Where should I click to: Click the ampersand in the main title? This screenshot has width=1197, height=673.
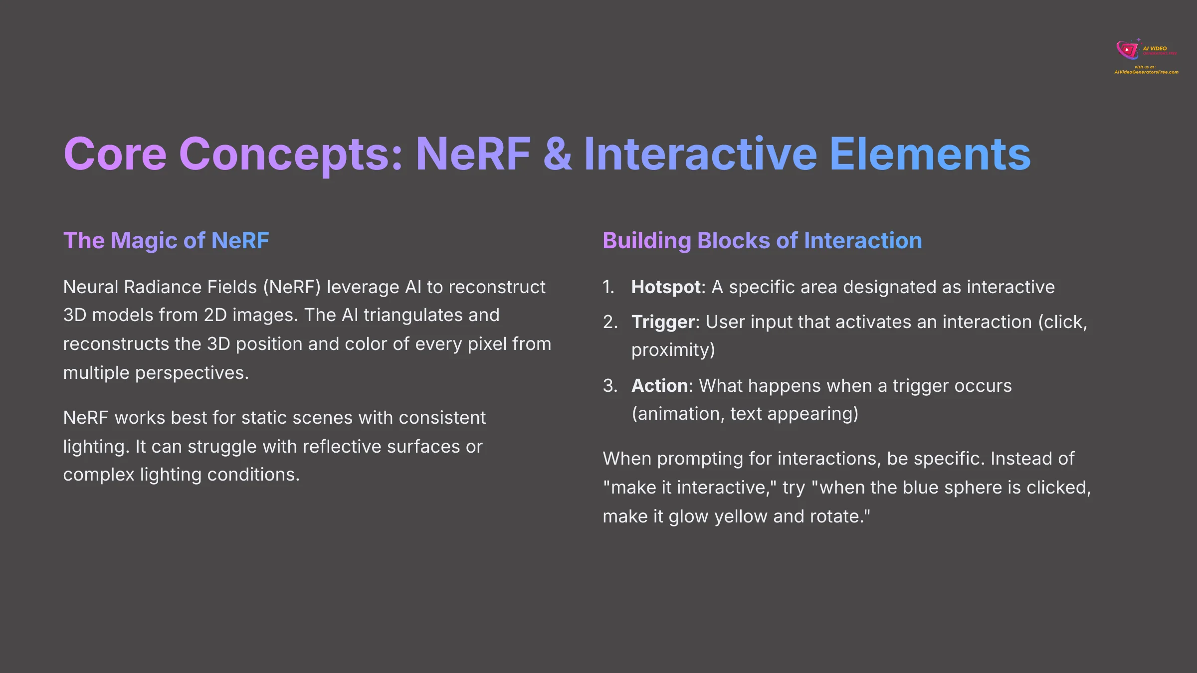[557, 155]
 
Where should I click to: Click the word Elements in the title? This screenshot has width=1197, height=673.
[930, 155]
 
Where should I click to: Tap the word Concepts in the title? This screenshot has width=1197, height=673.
[290, 155]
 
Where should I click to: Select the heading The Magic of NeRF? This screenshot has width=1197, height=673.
[166, 241]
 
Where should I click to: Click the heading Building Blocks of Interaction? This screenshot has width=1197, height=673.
[762, 241]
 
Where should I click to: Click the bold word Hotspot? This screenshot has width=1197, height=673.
[666, 287]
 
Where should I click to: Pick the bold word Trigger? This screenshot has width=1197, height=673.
[663, 322]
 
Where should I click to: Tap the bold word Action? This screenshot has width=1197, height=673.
[659, 386]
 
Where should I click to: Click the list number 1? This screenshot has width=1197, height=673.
[608, 287]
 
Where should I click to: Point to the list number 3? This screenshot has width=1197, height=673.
[609, 386]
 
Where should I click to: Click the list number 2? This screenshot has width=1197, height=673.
[609, 322]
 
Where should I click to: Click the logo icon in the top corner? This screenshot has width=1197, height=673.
[1127, 50]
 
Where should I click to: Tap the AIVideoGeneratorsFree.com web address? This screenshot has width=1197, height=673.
[1146, 72]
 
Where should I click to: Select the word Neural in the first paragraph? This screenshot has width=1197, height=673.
[91, 287]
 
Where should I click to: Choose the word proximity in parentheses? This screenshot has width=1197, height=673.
[671, 350]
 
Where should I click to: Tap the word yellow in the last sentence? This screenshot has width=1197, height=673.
[741, 516]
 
